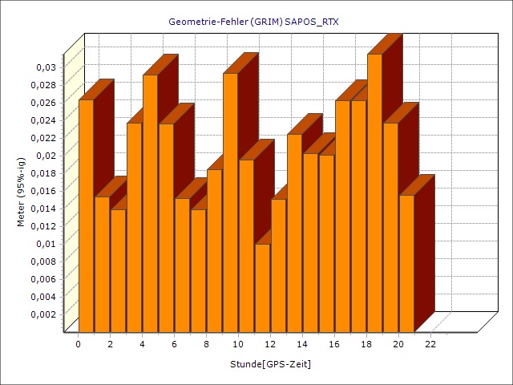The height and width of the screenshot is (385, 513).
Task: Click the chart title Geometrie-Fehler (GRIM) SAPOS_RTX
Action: pyautogui.click(x=253, y=22)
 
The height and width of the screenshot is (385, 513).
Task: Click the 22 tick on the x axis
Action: pyautogui.click(x=430, y=344)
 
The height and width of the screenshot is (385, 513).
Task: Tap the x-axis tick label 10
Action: pyautogui.click(x=238, y=344)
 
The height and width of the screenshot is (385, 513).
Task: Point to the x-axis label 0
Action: pyautogui.click(x=78, y=344)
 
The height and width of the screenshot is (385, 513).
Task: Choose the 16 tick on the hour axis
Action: pyautogui.click(x=334, y=344)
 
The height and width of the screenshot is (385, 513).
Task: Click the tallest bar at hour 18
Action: pyautogui.click(x=374, y=192)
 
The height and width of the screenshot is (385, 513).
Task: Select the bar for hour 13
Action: pyautogui.click(x=294, y=233)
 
